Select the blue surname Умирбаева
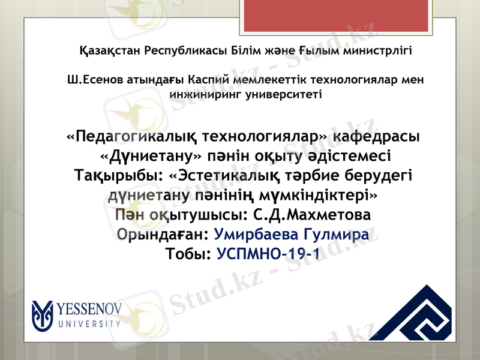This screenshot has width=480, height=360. [259, 234]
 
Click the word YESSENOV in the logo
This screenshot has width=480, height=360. [91, 310]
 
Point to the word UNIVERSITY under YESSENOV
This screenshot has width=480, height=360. [90, 324]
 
